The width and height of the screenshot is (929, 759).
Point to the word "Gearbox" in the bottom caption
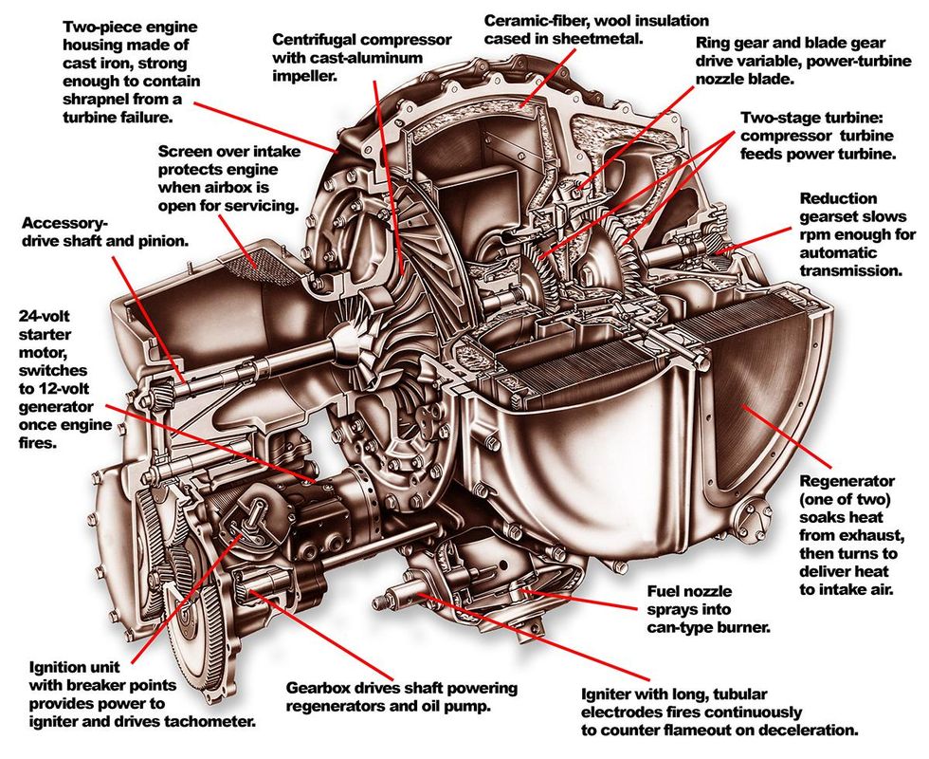(x=319, y=687)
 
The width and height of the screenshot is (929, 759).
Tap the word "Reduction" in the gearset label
(x=837, y=198)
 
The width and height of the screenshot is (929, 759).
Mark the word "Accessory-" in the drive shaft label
(x=64, y=223)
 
